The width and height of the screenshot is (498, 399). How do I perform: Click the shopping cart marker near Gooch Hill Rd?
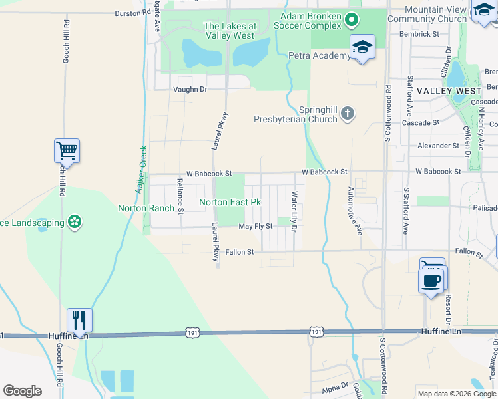[67, 151]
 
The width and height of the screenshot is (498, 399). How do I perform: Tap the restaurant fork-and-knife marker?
[79, 321]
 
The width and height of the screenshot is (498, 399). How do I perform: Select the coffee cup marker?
[431, 279]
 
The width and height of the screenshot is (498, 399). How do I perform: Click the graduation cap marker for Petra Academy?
[362, 47]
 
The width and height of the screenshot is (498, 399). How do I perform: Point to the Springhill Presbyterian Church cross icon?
[347, 114]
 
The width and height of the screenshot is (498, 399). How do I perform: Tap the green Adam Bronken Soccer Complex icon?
[354, 21]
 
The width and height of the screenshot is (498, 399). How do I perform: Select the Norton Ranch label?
[146, 208]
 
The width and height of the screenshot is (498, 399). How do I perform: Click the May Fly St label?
[256, 227]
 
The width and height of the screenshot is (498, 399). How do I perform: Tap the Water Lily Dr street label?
[294, 211]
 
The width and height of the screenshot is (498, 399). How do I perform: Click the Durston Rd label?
[133, 13]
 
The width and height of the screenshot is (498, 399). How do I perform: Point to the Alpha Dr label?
[335, 386]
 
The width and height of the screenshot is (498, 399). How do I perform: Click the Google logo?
[22, 391]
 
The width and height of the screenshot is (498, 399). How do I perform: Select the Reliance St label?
[180, 196]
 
